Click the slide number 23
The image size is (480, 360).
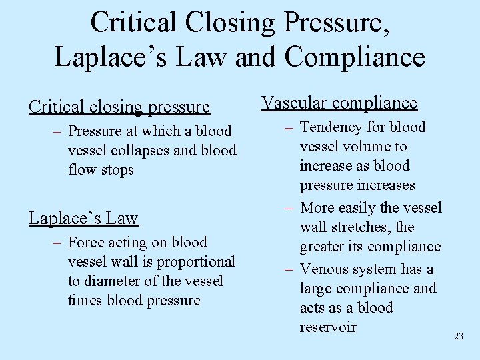point(458,337)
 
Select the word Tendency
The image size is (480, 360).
point(333,127)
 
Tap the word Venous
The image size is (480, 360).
point(325,269)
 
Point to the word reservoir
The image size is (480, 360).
point(328,327)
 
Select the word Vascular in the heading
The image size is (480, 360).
point(294,103)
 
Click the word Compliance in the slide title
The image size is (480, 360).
point(355,57)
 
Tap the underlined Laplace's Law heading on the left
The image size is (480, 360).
point(83,219)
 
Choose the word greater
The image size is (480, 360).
point(327,247)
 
